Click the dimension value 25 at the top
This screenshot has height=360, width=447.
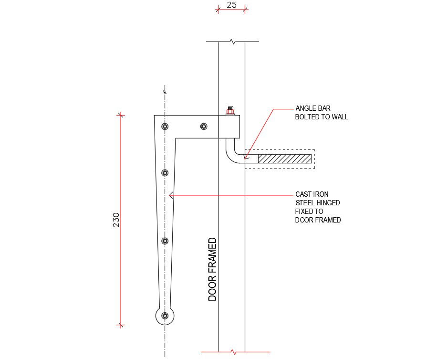tap(231, 5)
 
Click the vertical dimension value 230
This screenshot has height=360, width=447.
tap(116, 220)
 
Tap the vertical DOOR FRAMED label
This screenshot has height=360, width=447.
tap(212, 269)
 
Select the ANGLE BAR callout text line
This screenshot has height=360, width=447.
tap(313, 108)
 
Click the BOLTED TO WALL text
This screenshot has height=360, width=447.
tap(321, 117)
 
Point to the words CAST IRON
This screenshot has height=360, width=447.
tap(312, 194)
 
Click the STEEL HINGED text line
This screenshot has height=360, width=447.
tap(318, 203)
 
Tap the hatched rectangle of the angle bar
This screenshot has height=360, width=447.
tap(285, 159)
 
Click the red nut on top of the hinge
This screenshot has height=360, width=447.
tap(230, 111)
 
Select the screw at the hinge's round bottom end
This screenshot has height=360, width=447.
tap(165, 316)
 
